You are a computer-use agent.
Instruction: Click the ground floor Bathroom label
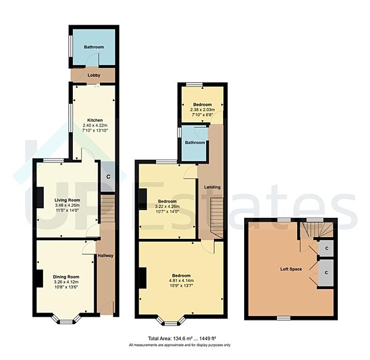94,48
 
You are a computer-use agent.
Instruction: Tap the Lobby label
94,75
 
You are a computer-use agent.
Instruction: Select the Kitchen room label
94,120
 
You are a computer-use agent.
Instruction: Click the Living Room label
67,200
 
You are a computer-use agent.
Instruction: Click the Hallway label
105,255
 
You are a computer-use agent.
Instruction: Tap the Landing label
212,186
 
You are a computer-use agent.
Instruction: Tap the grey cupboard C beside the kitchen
108,177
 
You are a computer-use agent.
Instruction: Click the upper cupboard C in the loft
326,248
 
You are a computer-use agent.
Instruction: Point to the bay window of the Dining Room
65,319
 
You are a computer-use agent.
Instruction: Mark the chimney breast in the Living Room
39,198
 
